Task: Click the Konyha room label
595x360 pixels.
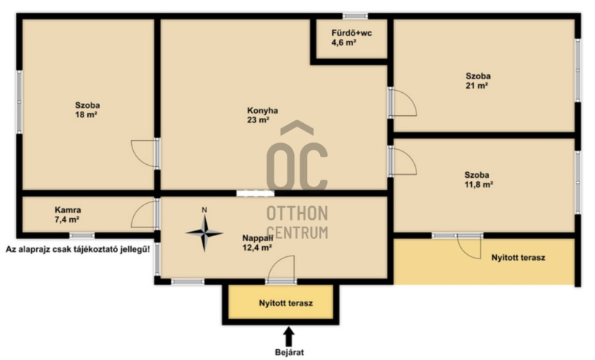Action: (x=262, y=110)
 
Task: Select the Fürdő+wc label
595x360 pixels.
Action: (x=352, y=32)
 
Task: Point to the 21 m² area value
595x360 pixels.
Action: (x=477, y=86)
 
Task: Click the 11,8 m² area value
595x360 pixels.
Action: (x=478, y=185)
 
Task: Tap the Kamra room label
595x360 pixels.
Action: (x=68, y=210)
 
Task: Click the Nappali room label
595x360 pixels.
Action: (x=257, y=238)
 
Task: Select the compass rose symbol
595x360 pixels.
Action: (x=204, y=233)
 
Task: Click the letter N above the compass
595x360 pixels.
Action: (x=204, y=210)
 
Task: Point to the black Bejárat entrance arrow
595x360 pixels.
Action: (x=289, y=336)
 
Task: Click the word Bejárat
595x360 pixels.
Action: (x=289, y=352)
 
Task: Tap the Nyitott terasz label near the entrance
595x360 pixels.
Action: (x=286, y=303)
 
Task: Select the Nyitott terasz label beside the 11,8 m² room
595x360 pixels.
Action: (x=519, y=258)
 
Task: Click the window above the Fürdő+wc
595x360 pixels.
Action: (x=355, y=16)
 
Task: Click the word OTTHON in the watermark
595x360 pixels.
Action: (x=297, y=214)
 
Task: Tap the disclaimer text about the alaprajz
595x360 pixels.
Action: (x=78, y=250)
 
